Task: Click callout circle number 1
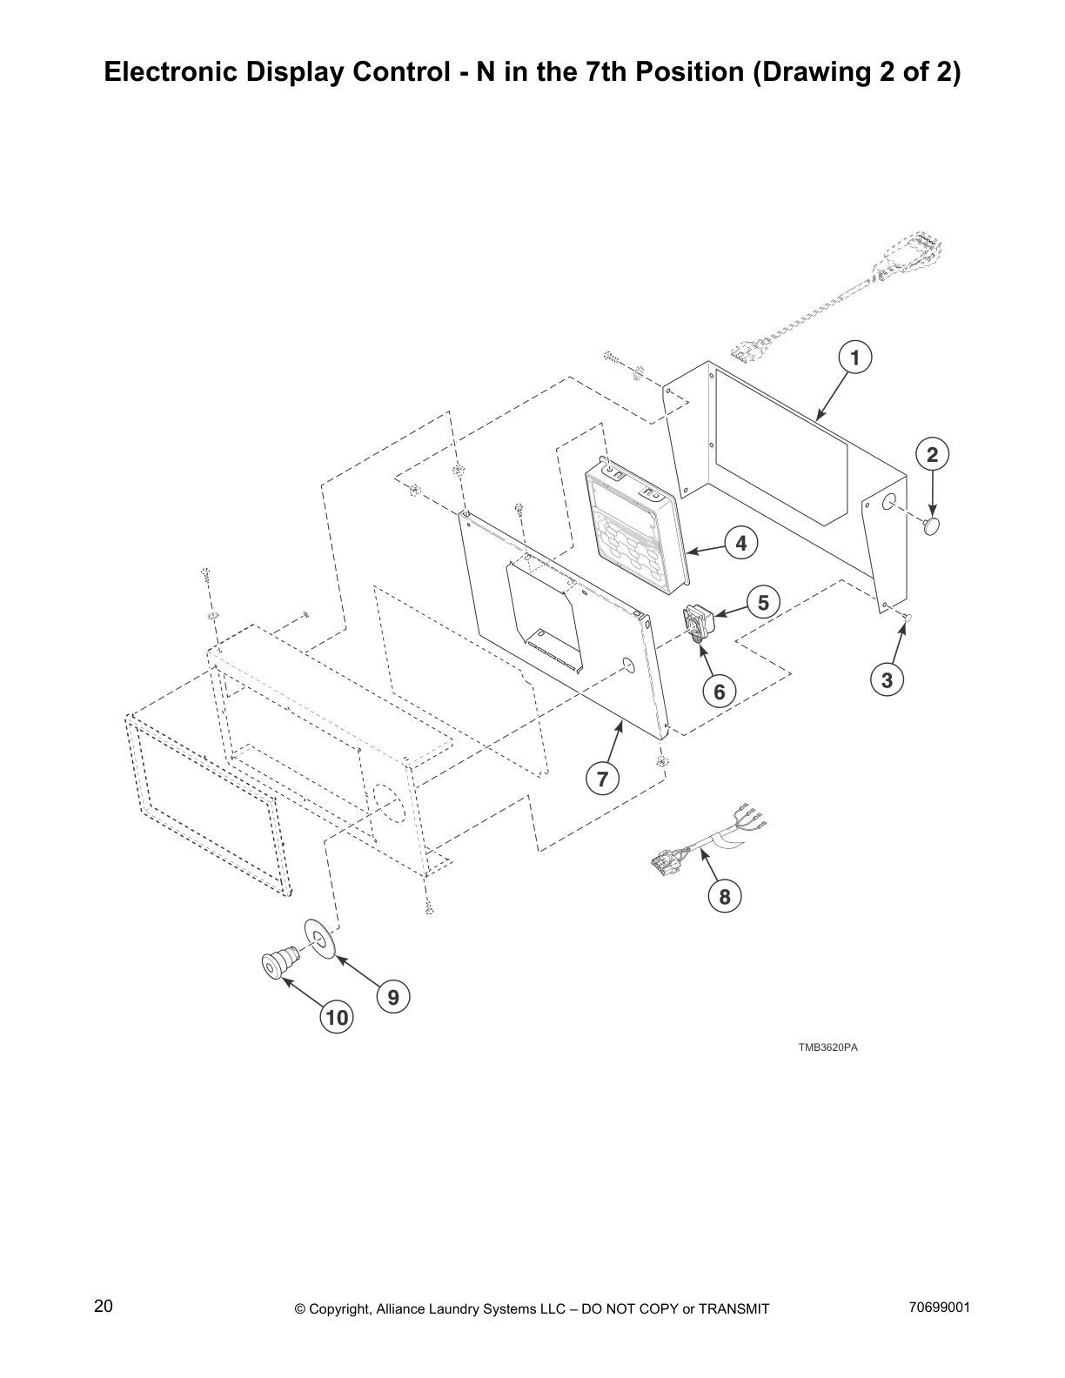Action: point(854,358)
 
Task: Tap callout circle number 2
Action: point(932,454)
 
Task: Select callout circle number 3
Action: point(887,680)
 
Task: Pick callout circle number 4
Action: point(740,544)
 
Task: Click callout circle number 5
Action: point(763,602)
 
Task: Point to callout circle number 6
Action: point(719,692)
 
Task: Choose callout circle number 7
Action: point(602,779)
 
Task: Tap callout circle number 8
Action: point(725,895)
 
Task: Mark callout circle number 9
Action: point(393,997)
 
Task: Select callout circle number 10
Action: point(337,1017)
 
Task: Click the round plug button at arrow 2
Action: point(932,525)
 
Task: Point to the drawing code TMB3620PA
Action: point(828,1047)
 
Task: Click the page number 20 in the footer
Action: point(103,1306)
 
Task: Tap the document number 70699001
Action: point(939,1307)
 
